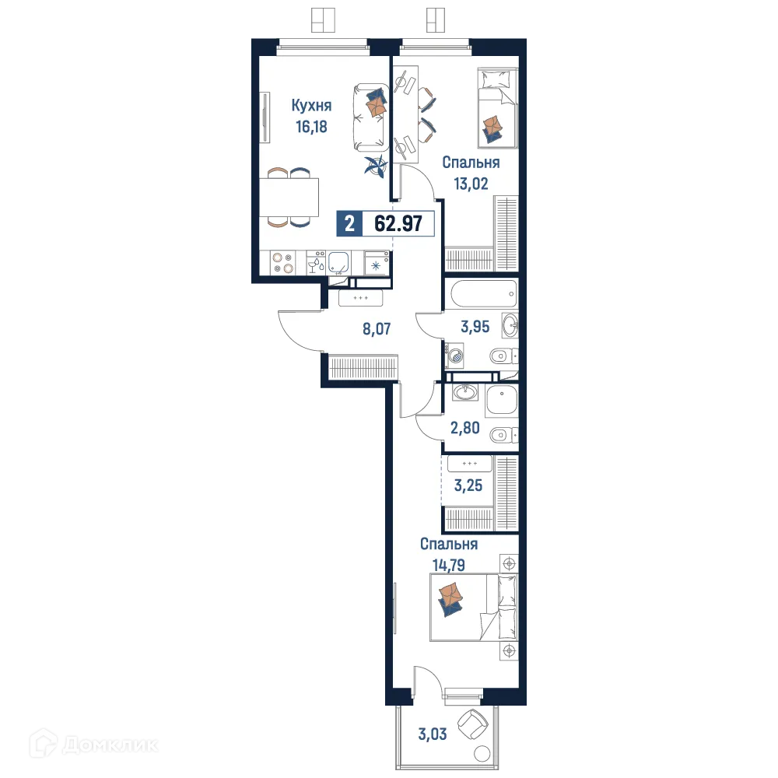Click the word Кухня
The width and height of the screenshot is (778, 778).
point(312,106)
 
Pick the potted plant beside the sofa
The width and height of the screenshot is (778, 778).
point(376,166)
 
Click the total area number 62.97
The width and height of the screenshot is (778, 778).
point(398,224)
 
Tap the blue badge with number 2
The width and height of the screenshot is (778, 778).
point(349,224)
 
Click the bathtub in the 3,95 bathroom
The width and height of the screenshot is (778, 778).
point(483,295)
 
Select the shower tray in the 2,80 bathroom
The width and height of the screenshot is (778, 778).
point(502,400)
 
